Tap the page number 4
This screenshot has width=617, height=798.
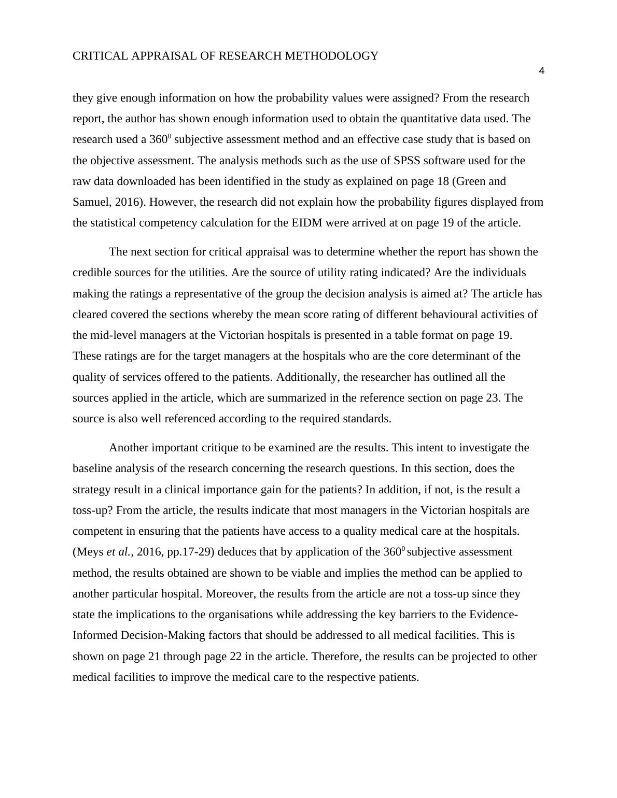point(541,72)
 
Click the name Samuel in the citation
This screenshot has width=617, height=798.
point(89,202)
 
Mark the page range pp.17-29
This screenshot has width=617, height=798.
point(189,552)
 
